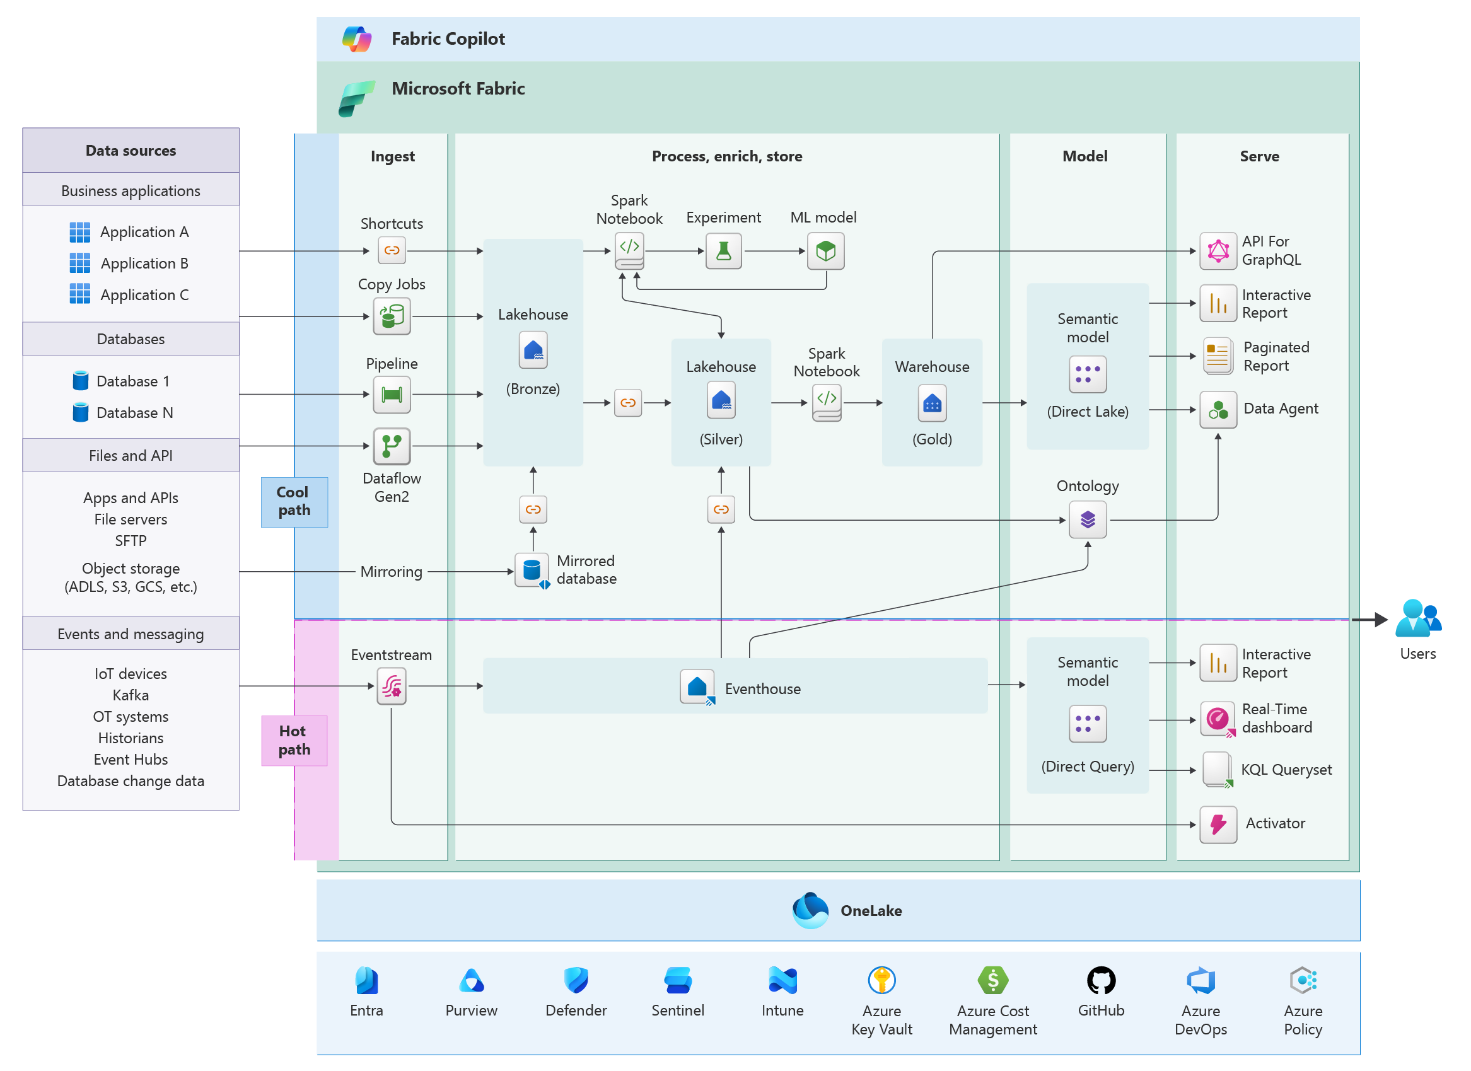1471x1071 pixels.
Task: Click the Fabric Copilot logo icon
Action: point(357,39)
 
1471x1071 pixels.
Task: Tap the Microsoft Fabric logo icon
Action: point(357,98)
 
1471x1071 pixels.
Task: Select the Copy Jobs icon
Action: point(392,316)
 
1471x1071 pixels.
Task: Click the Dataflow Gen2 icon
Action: point(392,446)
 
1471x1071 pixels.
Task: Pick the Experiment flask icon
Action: point(723,251)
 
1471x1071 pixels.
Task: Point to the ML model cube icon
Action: point(825,251)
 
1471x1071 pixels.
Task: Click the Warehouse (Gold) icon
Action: point(932,403)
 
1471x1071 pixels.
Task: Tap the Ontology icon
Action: point(1088,520)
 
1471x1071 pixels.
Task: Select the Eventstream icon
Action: point(392,686)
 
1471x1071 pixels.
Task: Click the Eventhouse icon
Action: point(698,688)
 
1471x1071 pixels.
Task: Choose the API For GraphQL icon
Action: point(1218,251)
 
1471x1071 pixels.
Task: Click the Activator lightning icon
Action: point(1218,825)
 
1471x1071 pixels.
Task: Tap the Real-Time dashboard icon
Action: point(1218,720)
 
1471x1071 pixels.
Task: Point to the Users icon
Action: point(1418,618)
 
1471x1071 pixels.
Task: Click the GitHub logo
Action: point(1101,980)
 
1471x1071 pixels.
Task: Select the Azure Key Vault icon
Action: point(881,980)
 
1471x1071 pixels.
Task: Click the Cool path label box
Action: point(294,502)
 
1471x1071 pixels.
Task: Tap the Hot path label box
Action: point(294,741)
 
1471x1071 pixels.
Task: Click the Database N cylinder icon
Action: point(81,412)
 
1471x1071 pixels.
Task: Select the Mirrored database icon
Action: point(532,570)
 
